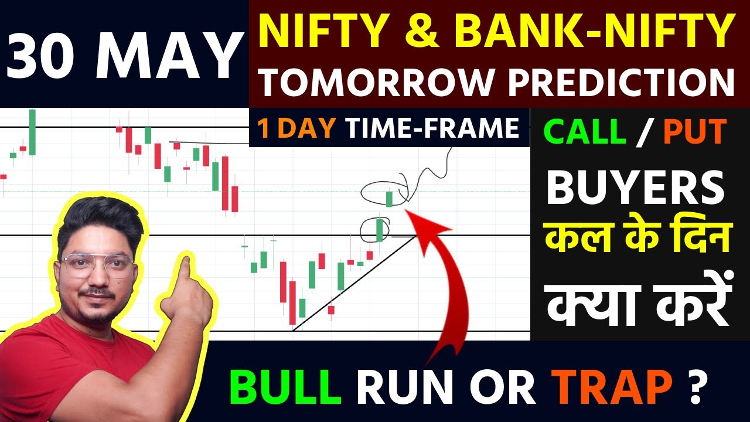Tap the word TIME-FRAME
[x=432, y=129]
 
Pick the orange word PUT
[x=695, y=132]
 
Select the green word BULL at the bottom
[x=285, y=387]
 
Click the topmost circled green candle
[x=389, y=198]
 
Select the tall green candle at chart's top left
[x=32, y=132]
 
